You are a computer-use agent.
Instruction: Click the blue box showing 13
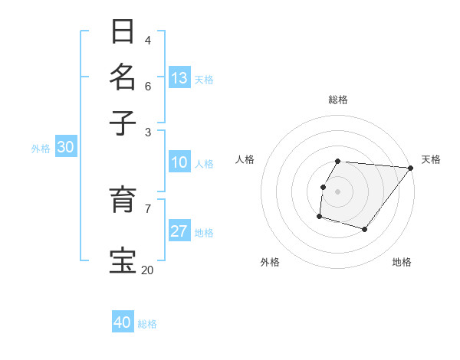[179, 78]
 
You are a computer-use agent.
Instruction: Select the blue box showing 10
[179, 162]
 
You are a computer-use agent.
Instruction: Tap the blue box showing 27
[179, 231]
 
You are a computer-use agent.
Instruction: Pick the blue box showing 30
[65, 148]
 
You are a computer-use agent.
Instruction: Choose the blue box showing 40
[123, 322]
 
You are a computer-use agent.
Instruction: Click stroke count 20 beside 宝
[147, 270]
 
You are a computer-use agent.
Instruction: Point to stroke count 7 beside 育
[147, 208]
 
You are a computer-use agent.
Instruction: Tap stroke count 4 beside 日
[147, 40]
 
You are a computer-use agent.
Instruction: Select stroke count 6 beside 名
[147, 86]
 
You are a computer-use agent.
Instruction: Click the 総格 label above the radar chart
[338, 100]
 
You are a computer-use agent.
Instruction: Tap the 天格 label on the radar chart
[431, 159]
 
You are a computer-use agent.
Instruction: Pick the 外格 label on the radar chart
[270, 262]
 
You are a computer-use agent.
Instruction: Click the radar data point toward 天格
[411, 168]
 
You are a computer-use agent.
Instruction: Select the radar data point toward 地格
[365, 229]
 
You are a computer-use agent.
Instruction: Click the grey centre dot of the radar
[338, 191]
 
